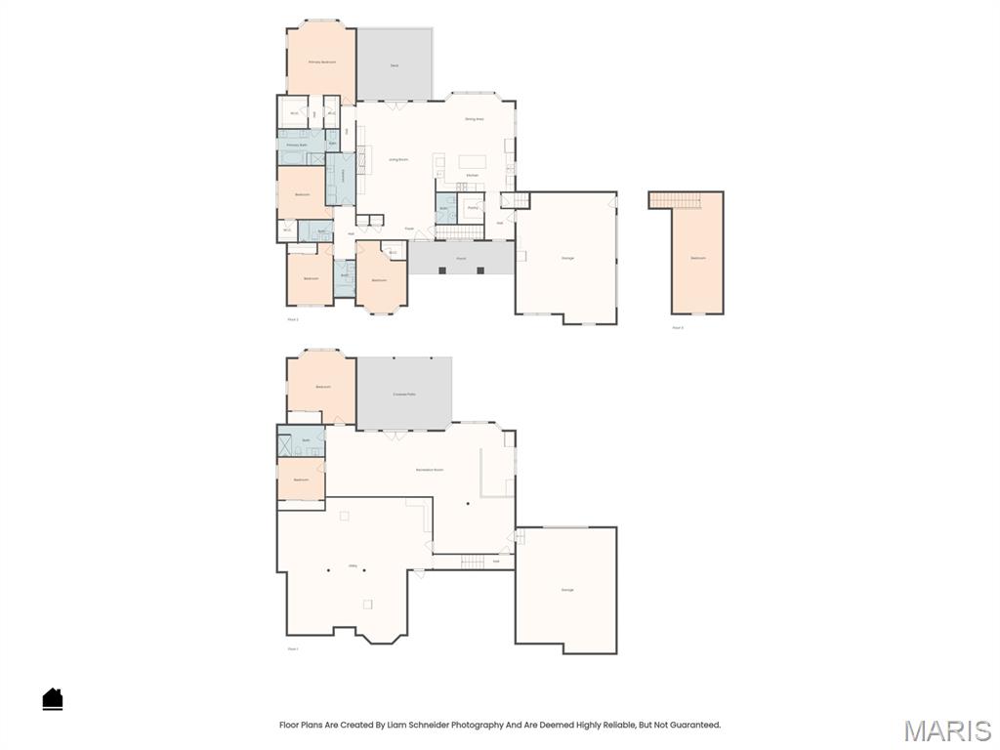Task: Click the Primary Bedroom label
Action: click(322, 62)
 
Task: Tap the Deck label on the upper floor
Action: click(395, 65)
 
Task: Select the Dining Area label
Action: click(475, 119)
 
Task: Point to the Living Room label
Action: click(398, 158)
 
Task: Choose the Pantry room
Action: click(473, 208)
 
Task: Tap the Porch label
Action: click(461, 259)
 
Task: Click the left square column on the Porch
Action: click(442, 270)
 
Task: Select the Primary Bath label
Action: click(297, 145)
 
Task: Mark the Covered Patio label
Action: click(404, 394)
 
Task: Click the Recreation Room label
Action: click(430, 470)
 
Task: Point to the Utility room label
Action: click(353, 565)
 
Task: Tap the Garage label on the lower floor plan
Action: click(567, 590)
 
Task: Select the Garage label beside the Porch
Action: click(567, 258)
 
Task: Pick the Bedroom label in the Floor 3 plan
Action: click(698, 258)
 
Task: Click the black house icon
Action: click(53, 698)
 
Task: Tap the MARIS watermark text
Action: click(946, 729)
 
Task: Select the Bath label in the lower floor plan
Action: click(307, 440)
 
